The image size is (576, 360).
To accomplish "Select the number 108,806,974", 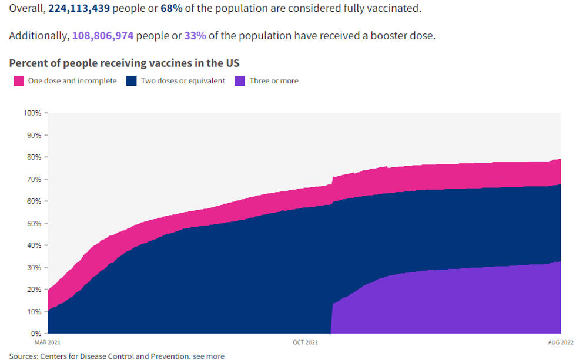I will pyautogui.click(x=103, y=36).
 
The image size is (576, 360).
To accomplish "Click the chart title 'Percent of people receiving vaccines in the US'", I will pyautogui.click(x=125, y=62).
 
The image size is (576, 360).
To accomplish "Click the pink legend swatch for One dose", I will pyautogui.click(x=19, y=81).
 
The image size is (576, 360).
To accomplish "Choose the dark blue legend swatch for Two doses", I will pyautogui.click(x=132, y=81).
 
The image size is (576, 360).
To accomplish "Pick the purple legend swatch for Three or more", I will pyautogui.click(x=240, y=81).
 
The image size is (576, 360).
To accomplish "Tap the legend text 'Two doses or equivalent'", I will pyautogui.click(x=183, y=81).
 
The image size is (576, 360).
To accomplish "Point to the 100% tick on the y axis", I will pyautogui.click(x=32, y=113).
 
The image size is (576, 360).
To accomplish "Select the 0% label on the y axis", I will pyautogui.click(x=36, y=334).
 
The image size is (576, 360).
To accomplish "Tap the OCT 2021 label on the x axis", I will pyautogui.click(x=306, y=342).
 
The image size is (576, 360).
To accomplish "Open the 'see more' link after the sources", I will pyautogui.click(x=209, y=356).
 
